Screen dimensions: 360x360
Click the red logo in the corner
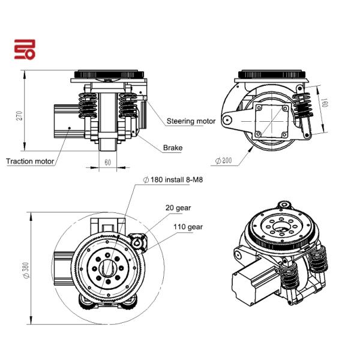point(25,49)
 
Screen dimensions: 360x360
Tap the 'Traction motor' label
point(30,161)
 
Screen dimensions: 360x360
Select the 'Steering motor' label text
point(191,121)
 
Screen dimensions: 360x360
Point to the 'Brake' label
point(173,148)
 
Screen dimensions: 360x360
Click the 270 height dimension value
point(20,115)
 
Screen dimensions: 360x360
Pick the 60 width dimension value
point(107,163)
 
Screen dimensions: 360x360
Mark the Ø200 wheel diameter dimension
point(224,160)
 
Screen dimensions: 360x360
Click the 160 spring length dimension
point(325,103)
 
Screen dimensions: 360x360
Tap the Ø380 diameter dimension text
point(26,270)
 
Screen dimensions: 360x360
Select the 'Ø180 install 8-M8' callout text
point(173,179)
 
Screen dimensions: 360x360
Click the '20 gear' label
point(178,208)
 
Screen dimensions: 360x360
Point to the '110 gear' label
point(188,227)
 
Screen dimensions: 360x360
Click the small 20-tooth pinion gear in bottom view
point(138,242)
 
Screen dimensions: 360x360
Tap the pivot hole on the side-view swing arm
point(227,119)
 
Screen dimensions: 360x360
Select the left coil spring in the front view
point(88,105)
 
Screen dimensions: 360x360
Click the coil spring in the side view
point(302,105)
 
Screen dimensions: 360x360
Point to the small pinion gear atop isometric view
point(284,205)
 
